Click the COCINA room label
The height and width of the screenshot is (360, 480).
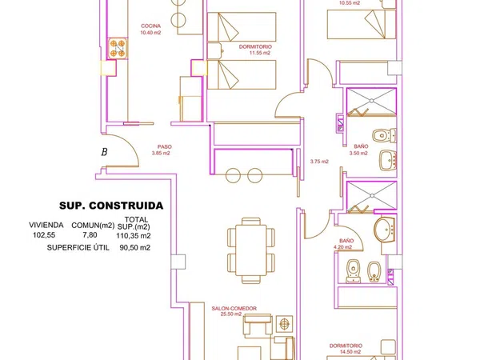tap(150, 26)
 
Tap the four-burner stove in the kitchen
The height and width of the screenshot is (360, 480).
tap(118, 48)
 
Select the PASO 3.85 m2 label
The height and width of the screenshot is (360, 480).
tap(161, 150)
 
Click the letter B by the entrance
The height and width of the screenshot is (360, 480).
tap(104, 152)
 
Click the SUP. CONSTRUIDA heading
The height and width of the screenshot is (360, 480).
tap(111, 206)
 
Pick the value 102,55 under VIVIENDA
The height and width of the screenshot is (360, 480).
tap(44, 235)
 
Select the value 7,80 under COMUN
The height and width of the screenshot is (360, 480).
tap(90, 234)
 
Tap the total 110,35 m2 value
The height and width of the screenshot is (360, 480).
tap(134, 236)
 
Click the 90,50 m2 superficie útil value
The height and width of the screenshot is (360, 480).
tap(135, 248)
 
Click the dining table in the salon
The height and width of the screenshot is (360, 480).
tap(251, 250)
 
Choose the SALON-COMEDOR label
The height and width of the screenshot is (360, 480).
tap(234, 309)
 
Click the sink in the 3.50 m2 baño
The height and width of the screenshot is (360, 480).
tap(388, 160)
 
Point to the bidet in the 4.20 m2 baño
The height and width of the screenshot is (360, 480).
tap(374, 272)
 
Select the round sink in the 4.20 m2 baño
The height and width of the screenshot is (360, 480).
tap(385, 230)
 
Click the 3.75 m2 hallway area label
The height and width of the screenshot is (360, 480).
tap(319, 162)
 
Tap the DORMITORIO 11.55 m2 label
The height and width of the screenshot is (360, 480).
tap(255, 50)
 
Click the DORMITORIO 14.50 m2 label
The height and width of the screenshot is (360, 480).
tap(346, 349)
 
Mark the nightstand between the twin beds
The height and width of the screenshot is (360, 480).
tap(214, 51)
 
